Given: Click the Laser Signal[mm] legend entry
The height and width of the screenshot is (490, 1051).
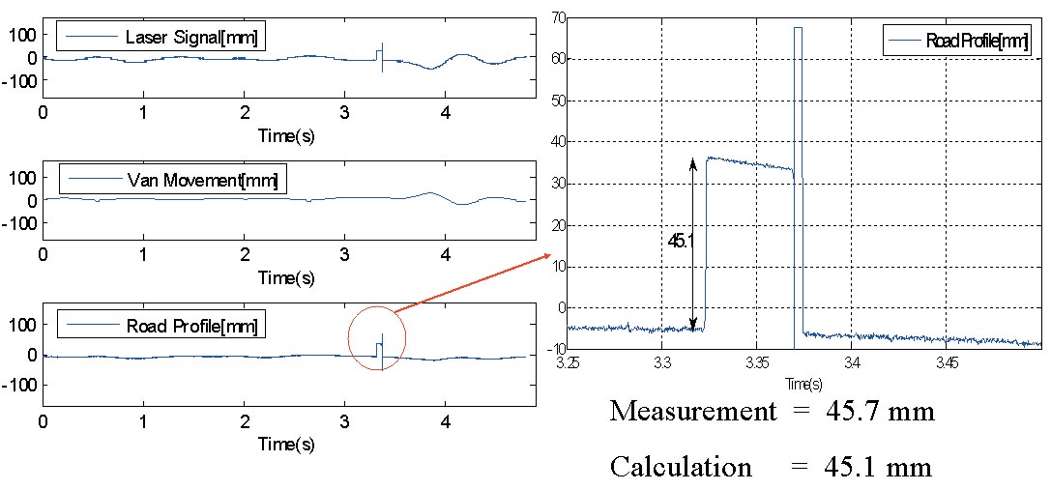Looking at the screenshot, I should [x=161, y=38].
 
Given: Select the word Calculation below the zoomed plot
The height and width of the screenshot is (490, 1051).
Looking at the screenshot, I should [x=681, y=468].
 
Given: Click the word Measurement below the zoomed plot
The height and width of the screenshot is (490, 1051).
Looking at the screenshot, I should [x=692, y=411].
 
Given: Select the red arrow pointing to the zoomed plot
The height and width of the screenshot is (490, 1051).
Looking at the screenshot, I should [x=472, y=282].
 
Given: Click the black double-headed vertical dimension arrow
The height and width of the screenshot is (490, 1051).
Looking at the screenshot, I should [x=693, y=245].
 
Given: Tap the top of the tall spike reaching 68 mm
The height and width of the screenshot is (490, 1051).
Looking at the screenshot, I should [x=798, y=28].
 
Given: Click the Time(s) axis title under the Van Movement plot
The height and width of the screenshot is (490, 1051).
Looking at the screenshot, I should [x=286, y=277].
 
